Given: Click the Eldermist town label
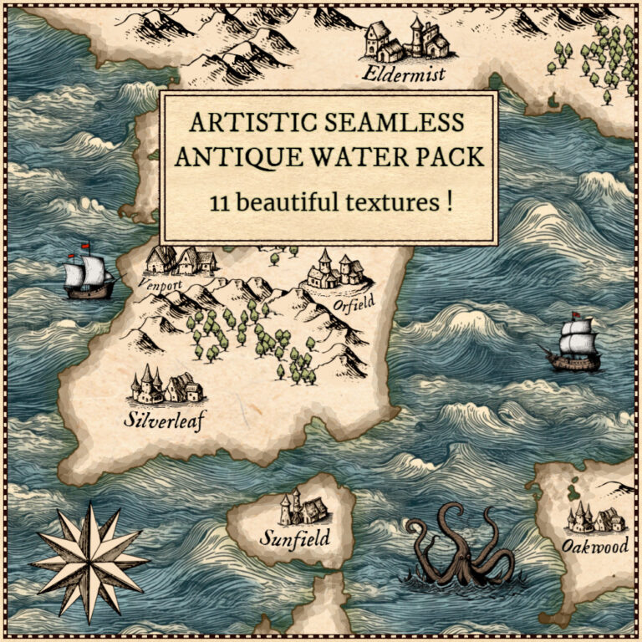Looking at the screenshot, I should coord(404,75).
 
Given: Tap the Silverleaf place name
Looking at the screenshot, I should coord(164,418).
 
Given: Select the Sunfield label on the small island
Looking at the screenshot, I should coord(293,537).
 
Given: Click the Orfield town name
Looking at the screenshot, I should coord(354,303).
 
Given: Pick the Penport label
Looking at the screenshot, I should coord(159,283).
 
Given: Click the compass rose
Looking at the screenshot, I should coord(89,562).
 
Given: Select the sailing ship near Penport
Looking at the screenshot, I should coord(89,272).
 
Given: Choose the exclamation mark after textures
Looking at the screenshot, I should coord(449,203).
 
